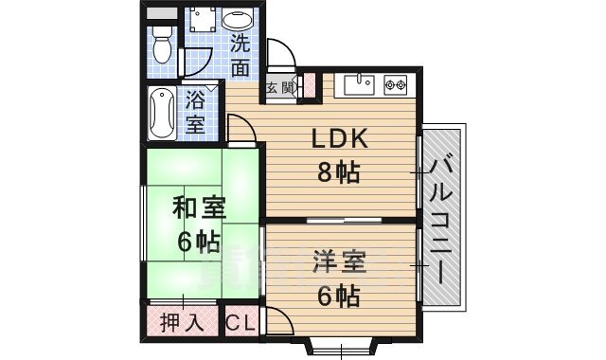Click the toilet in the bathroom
point(162,42)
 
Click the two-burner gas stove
point(396,85)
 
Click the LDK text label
point(340,139)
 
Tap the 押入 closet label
point(181,321)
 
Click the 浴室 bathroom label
point(197,110)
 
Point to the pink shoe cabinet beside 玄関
point(308,84)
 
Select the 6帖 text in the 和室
point(198,240)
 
